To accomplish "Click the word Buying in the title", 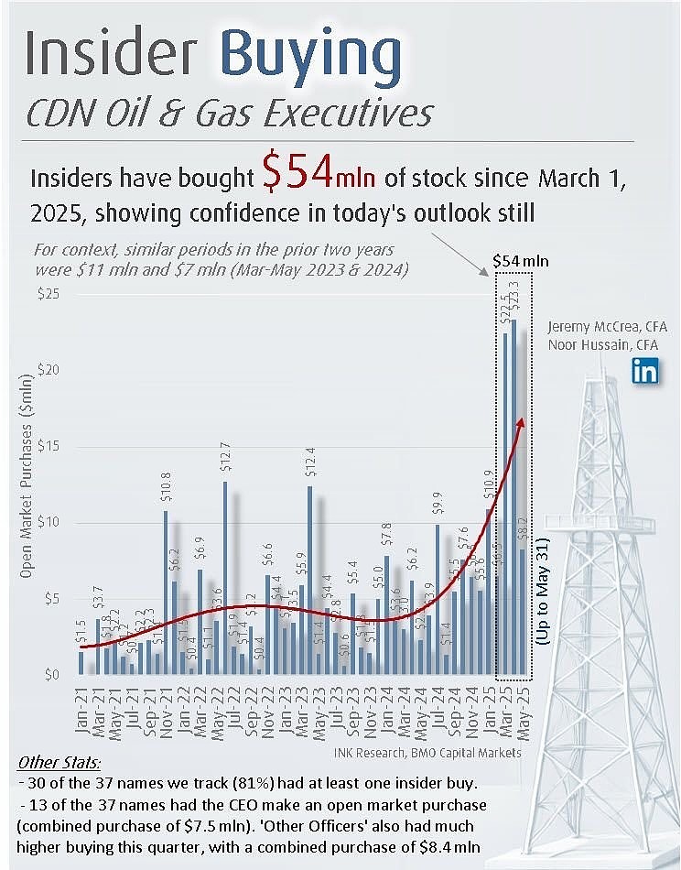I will (x=312, y=57).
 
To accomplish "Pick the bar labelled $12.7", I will (x=225, y=578).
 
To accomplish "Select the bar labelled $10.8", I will (x=166, y=593).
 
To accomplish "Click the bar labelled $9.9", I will (x=438, y=600).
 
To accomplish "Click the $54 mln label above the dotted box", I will (x=521, y=261).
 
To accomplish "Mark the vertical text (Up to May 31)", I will (x=544, y=592).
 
